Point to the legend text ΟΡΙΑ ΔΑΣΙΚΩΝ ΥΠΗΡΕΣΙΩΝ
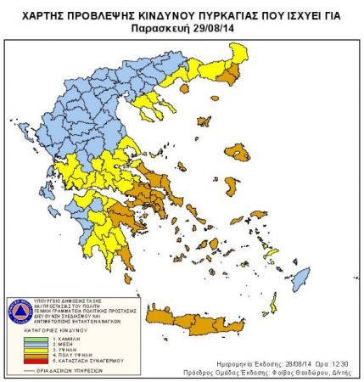(x=72, y=371)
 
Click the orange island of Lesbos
(x=240, y=154)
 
